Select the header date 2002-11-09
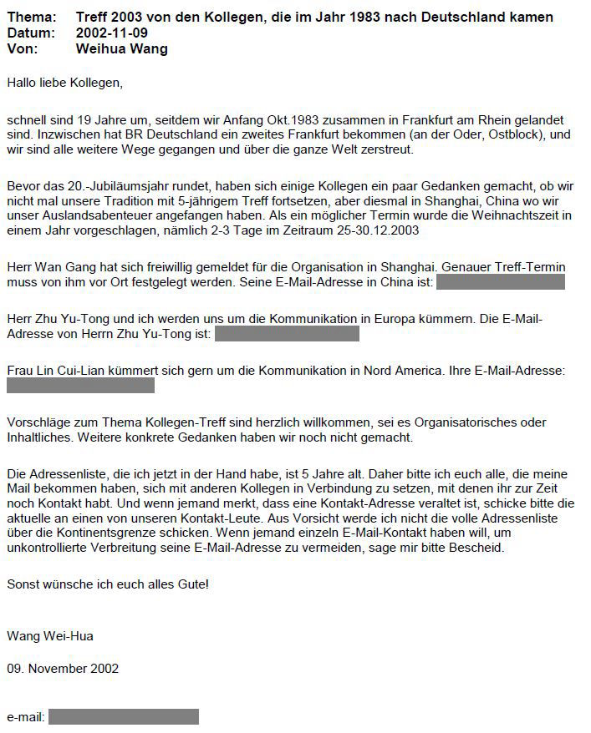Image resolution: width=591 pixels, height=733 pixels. (x=107, y=33)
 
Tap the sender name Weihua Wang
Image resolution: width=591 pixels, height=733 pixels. (x=121, y=48)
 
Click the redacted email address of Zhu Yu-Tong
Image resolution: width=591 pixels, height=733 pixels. (x=287, y=333)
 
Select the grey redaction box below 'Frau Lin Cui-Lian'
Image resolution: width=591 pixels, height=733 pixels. (x=80, y=385)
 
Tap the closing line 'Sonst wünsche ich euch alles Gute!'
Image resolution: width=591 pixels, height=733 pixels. (x=108, y=584)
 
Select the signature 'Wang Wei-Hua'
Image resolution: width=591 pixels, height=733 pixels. (x=50, y=636)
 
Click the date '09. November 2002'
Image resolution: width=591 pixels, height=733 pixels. (x=63, y=669)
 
